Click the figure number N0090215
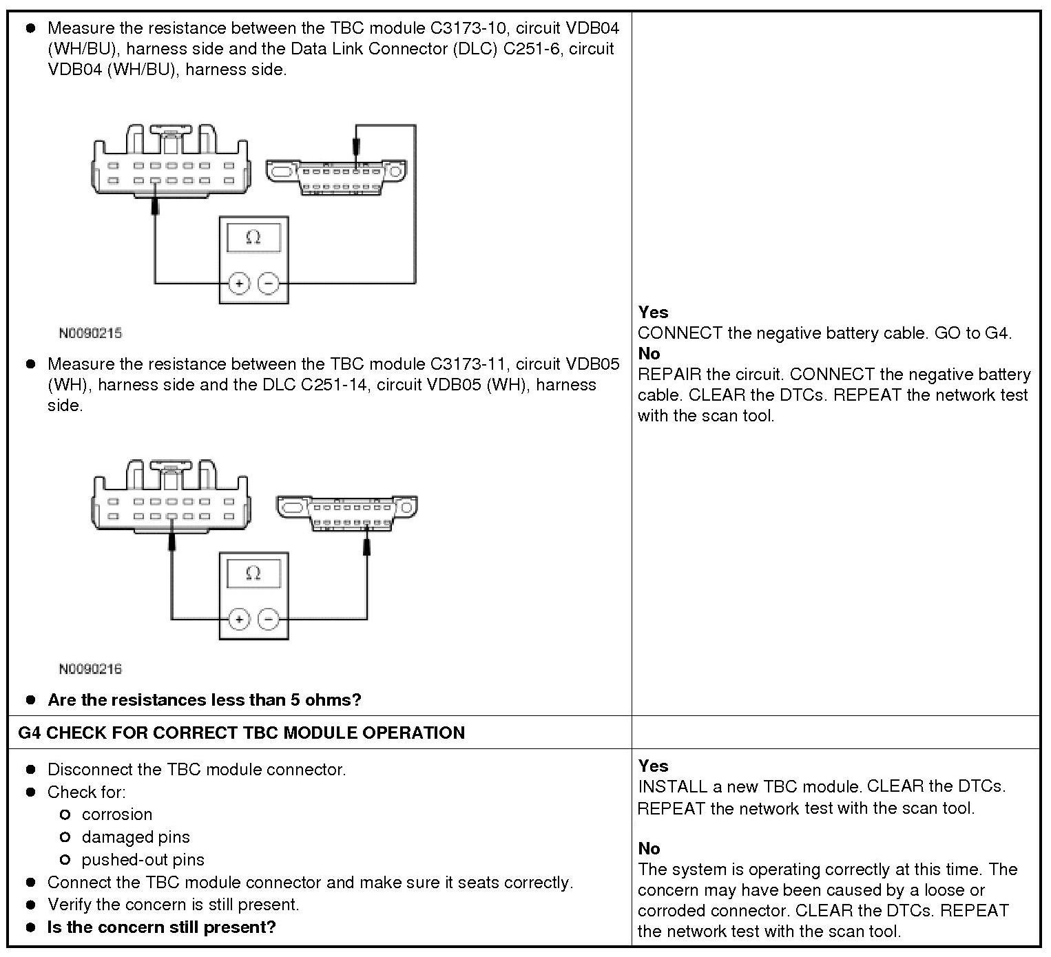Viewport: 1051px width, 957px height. [90, 333]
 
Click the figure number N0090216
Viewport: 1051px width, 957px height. [90, 669]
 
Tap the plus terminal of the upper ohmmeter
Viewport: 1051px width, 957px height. [238, 283]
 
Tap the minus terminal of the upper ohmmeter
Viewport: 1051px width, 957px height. [268, 283]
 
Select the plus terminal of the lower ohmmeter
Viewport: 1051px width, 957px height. [238, 620]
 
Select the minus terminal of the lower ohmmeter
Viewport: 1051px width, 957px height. [268, 620]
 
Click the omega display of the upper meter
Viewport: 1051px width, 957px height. [253, 238]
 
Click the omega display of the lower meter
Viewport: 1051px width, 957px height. [253, 574]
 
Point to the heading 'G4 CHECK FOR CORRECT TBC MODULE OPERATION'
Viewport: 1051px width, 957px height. [241, 733]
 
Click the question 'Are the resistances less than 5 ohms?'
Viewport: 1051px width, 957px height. [205, 700]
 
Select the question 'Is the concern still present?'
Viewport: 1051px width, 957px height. [161, 927]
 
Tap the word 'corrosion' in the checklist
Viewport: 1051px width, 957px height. [117, 814]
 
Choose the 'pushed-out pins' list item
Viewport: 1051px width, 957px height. [143, 860]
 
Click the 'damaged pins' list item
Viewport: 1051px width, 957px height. [136, 837]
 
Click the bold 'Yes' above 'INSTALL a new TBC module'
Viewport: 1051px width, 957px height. [653, 766]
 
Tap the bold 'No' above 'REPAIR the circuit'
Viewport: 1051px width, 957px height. [649, 354]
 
